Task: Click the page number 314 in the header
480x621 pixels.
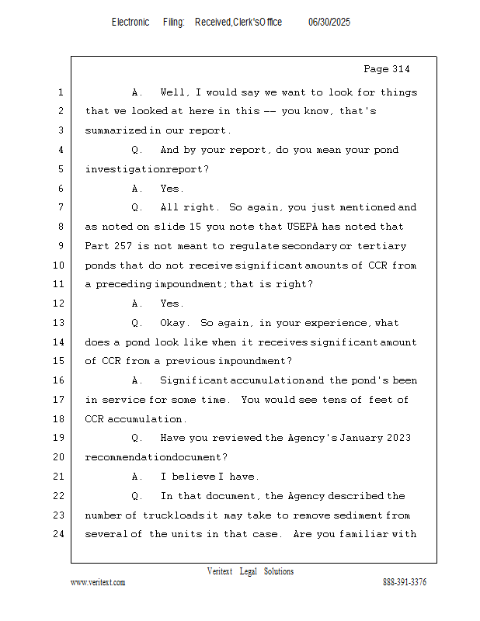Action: pyautogui.click(x=400, y=70)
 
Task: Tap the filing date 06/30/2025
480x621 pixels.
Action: pyautogui.click(x=329, y=23)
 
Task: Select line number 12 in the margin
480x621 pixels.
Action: pyautogui.click(x=60, y=304)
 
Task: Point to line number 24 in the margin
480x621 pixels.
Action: pyautogui.click(x=60, y=534)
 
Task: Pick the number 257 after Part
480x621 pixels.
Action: pyautogui.click(x=125, y=246)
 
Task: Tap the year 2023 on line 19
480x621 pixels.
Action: pyautogui.click(x=397, y=438)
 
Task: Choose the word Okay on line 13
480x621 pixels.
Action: pyautogui.click(x=176, y=323)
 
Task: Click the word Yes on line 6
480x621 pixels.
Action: pyautogui.click(x=172, y=189)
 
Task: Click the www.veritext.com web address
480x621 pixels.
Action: pyautogui.click(x=98, y=582)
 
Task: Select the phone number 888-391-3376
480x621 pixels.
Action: pyautogui.click(x=405, y=582)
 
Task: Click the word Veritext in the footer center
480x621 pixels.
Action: pyautogui.click(x=220, y=572)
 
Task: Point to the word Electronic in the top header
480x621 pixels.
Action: pyautogui.click(x=130, y=23)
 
